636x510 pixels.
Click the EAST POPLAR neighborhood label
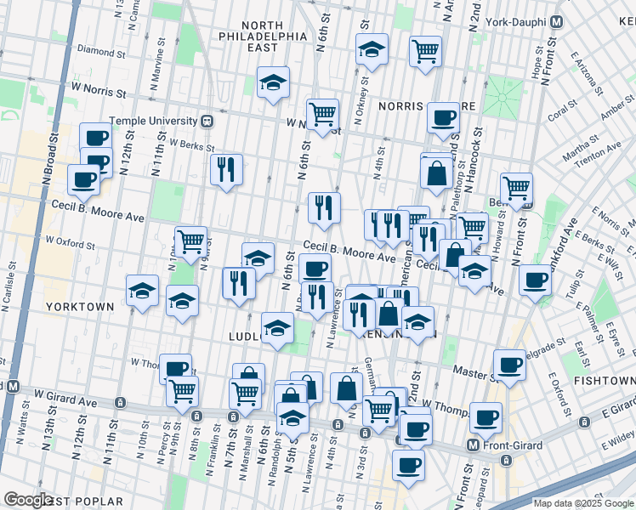tap(86, 501)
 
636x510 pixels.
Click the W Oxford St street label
tap(70, 244)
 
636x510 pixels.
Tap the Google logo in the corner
tap(28, 500)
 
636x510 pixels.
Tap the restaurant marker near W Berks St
tap(227, 168)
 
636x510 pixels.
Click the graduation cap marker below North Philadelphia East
tap(273, 82)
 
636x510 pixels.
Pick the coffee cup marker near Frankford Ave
tap(535, 279)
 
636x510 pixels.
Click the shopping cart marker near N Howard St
tap(516, 187)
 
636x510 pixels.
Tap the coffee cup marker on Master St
tap(509, 363)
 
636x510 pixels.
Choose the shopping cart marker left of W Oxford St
tap(190, 242)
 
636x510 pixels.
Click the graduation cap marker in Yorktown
tap(142, 291)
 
